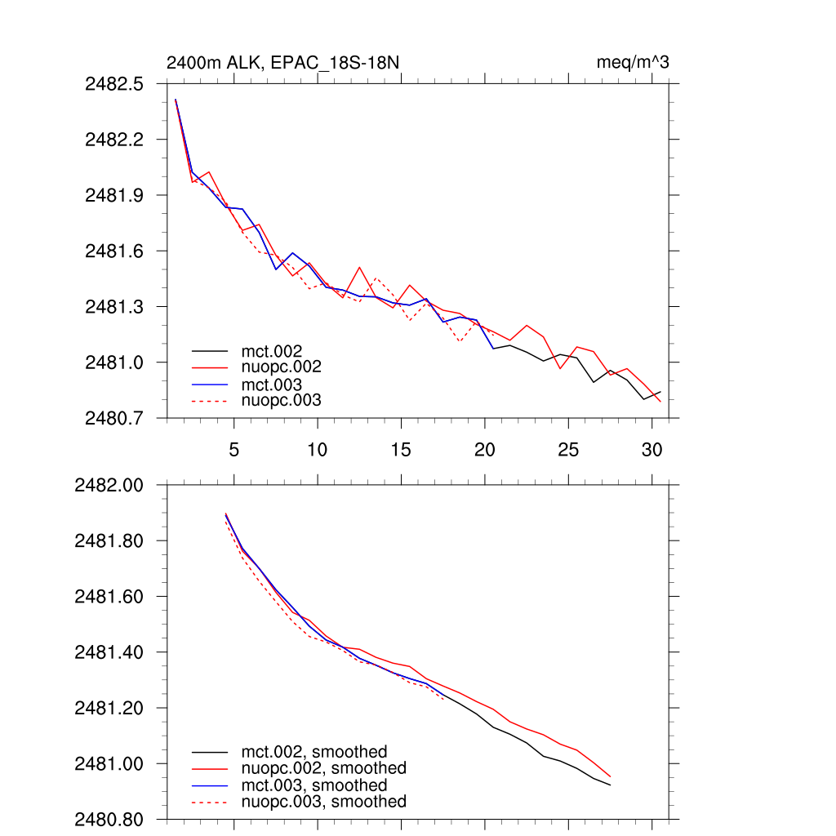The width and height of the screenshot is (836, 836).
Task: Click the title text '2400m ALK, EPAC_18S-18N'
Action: [282, 63]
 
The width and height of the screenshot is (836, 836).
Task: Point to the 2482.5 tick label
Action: [114, 84]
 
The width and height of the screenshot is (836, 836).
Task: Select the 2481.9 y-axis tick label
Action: [114, 195]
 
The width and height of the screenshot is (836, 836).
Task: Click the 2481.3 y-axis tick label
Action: [114, 306]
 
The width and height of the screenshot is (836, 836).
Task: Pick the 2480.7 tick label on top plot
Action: [114, 417]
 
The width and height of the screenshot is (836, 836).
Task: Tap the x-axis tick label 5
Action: [234, 450]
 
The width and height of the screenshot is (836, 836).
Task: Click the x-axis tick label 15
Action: [401, 450]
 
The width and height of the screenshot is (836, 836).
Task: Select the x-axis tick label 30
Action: [651, 450]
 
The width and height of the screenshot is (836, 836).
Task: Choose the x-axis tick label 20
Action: [485, 450]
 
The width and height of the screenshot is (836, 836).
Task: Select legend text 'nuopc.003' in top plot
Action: [282, 400]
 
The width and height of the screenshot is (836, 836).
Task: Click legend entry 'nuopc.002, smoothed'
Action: [324, 768]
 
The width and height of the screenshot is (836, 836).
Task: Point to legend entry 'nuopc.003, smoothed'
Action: [324, 802]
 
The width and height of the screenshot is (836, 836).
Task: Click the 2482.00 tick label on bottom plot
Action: [109, 485]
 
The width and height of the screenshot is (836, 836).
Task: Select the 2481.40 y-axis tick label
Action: [109, 652]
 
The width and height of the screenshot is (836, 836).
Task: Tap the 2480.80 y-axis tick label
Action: [109, 819]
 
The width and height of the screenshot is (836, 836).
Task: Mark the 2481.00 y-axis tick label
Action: [109, 763]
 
